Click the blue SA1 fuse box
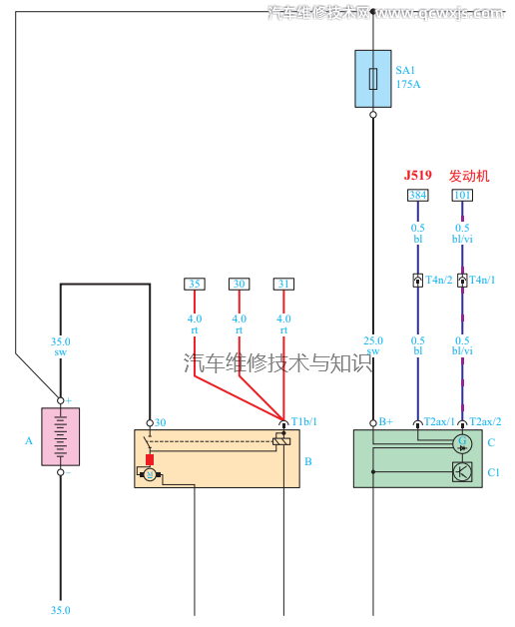point(373,79)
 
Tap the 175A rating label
point(408,85)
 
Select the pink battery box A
point(60,436)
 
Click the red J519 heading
point(417,176)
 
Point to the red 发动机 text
point(469,176)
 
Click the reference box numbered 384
point(418,196)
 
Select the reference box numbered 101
point(462,196)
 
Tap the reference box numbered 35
point(195,285)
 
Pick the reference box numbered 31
point(283,285)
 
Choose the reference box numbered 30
point(239,285)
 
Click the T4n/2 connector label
point(439,281)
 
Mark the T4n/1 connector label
point(483,281)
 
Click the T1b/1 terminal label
point(303,422)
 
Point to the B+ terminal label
point(386,422)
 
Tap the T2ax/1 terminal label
point(439,422)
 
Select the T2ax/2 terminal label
point(485,422)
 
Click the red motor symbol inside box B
point(150,460)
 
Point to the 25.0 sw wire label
point(373,345)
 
